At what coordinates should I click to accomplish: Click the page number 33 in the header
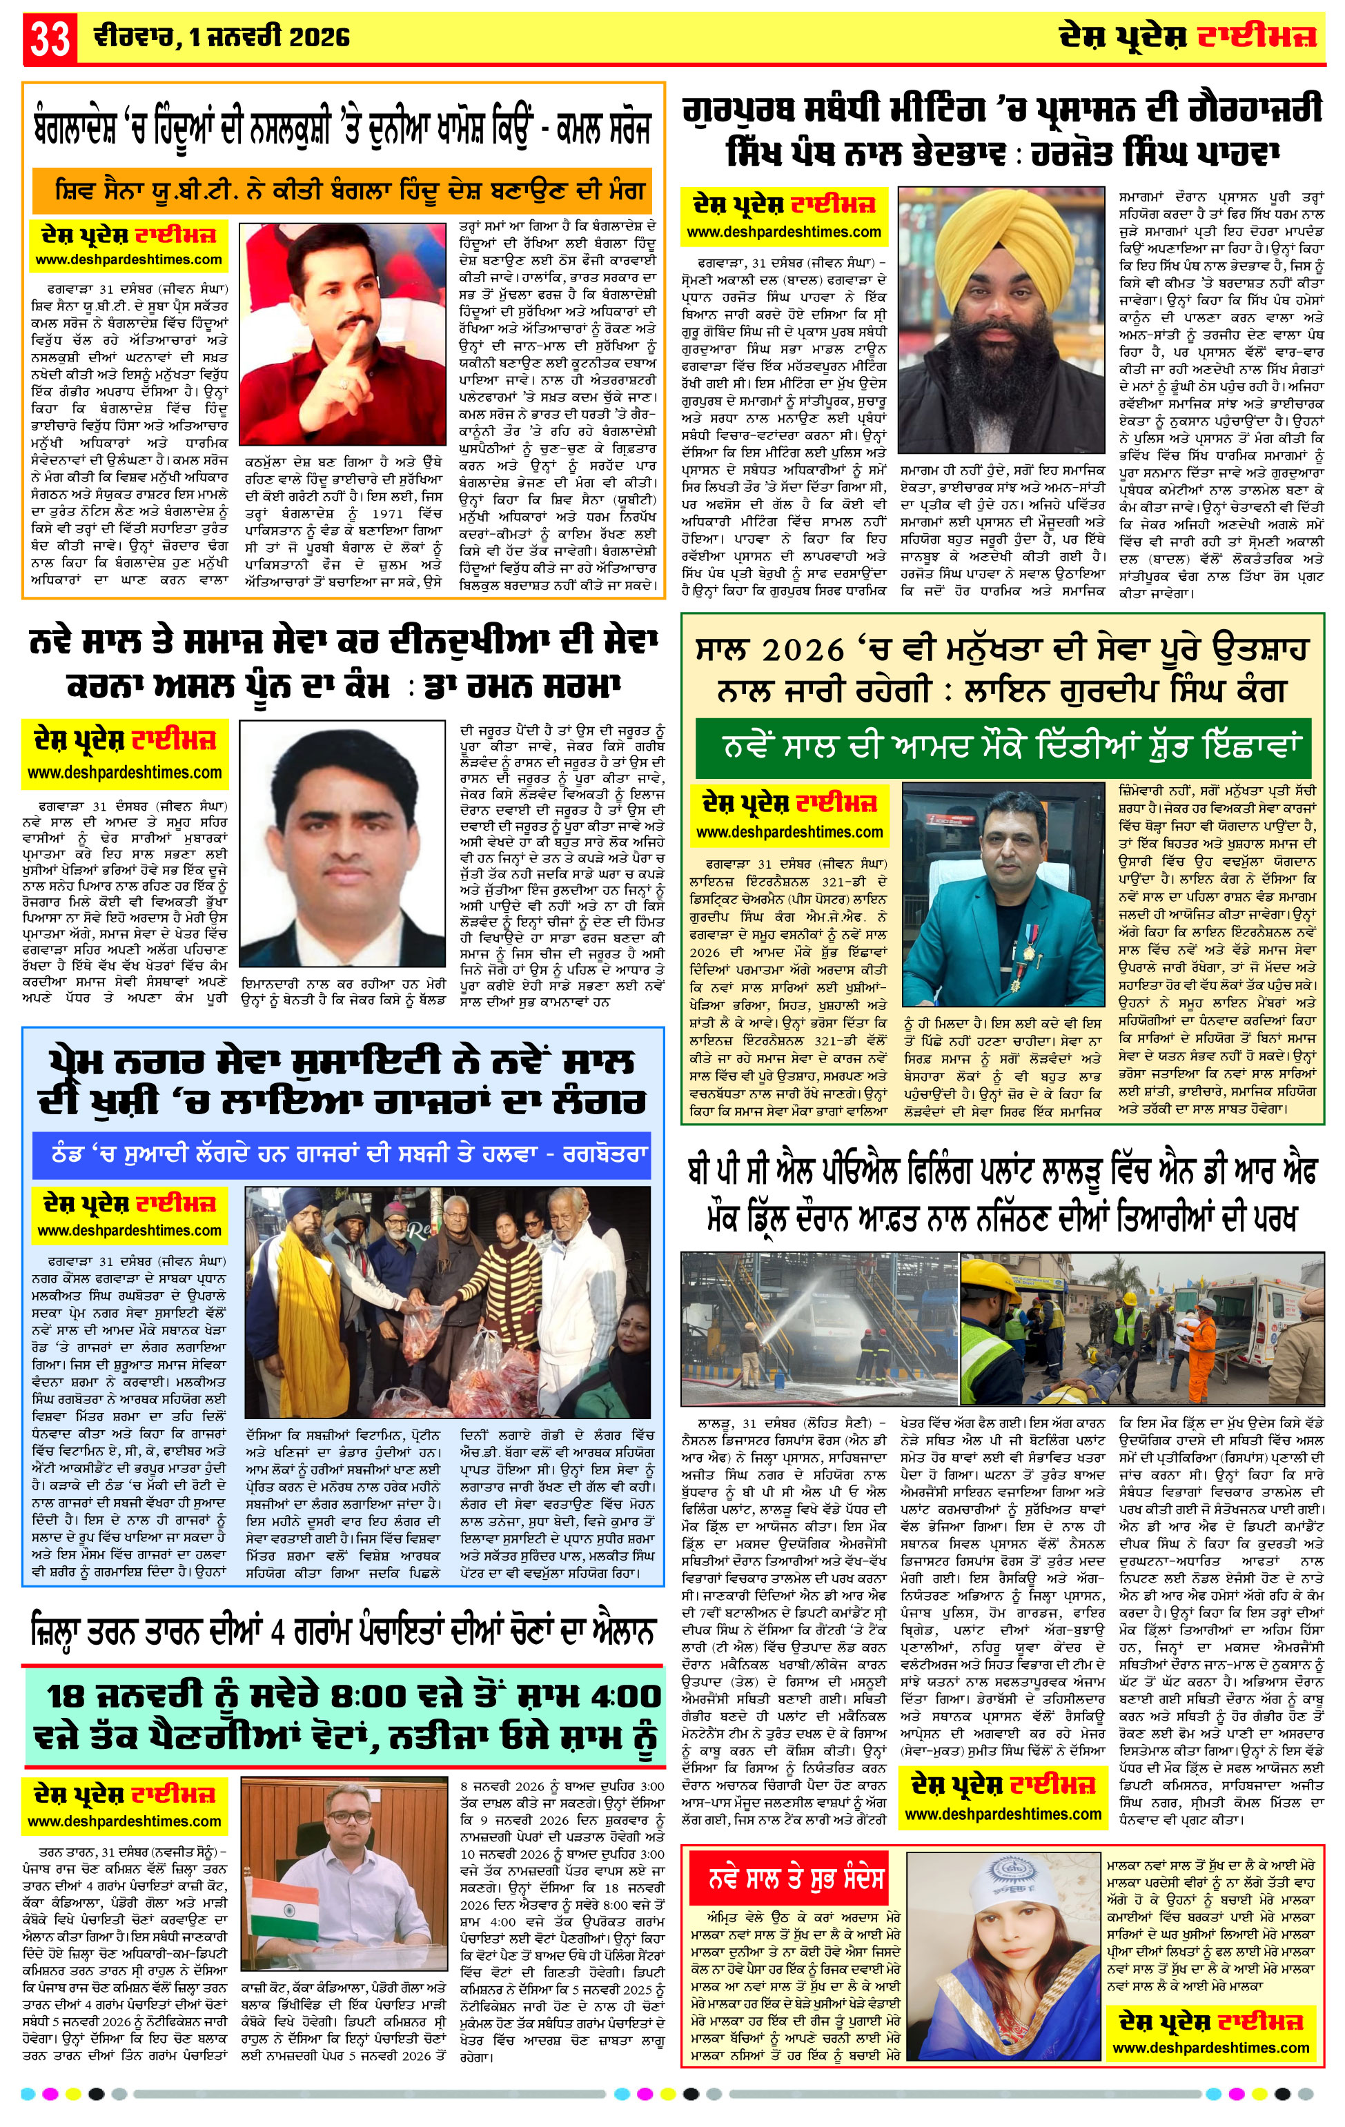click(50, 38)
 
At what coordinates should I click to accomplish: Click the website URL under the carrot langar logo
click(129, 1230)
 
